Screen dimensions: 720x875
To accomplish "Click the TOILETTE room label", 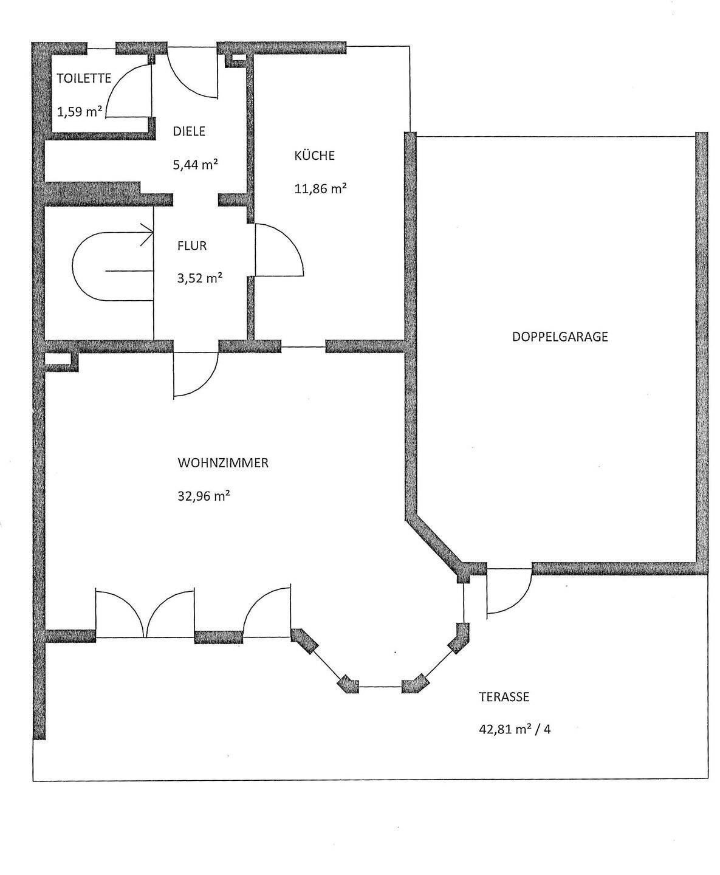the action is (x=84, y=78).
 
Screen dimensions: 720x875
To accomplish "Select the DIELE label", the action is (x=189, y=131).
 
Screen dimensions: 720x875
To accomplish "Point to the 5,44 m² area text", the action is (x=196, y=165).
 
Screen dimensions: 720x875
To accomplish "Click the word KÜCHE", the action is (x=314, y=156).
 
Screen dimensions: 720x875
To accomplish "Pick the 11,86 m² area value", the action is (x=320, y=188).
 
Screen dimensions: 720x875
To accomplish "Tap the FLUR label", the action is (x=192, y=246).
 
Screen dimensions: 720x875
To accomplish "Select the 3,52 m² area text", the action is (x=199, y=279).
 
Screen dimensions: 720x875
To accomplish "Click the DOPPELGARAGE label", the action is (x=560, y=337).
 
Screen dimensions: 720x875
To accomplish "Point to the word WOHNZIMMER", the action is (x=223, y=463).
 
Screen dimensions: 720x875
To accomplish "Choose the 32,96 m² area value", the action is (x=204, y=496).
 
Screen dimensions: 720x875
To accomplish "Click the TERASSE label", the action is (x=504, y=697).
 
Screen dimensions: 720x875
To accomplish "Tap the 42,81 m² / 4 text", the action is (x=515, y=729).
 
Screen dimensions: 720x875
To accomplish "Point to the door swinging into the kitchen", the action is (x=279, y=250).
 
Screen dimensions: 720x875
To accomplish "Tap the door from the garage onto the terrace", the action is (x=509, y=592).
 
